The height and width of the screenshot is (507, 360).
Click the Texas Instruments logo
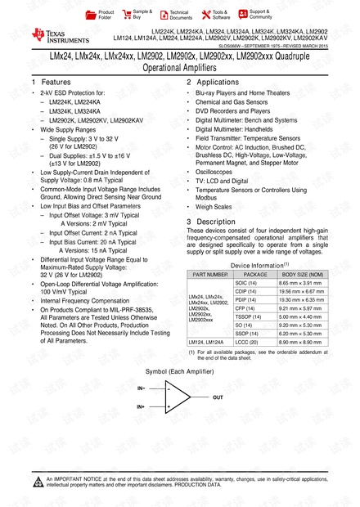pos(52,34)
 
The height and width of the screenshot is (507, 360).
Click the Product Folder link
pos(105,14)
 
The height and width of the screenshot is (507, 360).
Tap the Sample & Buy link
pos(142,14)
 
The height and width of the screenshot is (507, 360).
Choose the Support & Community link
pos(260,14)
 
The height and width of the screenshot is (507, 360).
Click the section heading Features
pos(55,83)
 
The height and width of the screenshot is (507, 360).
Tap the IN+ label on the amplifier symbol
pos(142,406)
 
